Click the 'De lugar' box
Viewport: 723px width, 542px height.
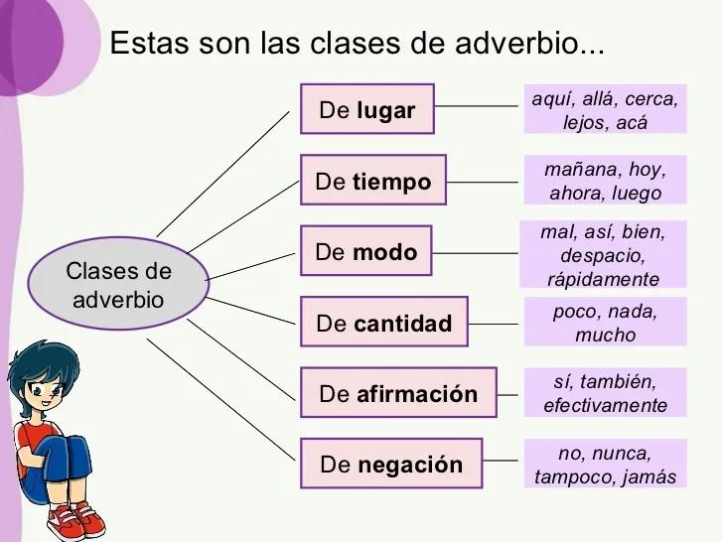click(x=367, y=109)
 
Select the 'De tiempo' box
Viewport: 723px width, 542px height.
click(x=373, y=180)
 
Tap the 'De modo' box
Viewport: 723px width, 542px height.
click(x=366, y=251)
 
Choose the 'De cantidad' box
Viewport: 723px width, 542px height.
click(x=384, y=322)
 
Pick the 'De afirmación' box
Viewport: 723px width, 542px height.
click(x=398, y=393)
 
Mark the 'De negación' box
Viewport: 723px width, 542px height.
click(x=391, y=464)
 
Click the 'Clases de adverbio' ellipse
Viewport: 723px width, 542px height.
click(x=118, y=284)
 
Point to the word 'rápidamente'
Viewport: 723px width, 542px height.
click(x=603, y=279)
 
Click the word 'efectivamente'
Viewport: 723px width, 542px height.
click(x=605, y=405)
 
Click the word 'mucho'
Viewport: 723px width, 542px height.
click(x=606, y=335)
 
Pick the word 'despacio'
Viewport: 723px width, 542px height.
click(x=602, y=255)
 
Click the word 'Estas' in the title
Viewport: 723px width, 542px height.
click(x=149, y=43)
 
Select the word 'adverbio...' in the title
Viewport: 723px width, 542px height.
click(x=529, y=43)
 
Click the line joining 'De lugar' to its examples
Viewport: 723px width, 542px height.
click(x=476, y=106)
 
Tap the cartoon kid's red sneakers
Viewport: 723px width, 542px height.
click(x=76, y=521)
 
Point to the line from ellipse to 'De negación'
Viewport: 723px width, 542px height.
click(x=220, y=400)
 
